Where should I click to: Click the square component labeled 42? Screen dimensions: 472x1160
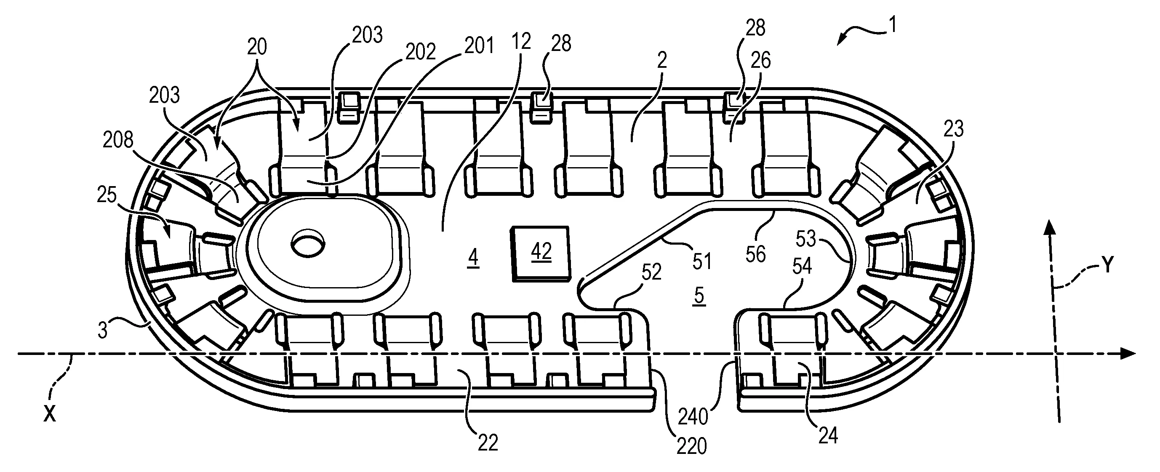[541, 254]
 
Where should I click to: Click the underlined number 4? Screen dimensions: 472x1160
[473, 259]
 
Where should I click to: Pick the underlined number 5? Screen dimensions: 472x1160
[699, 296]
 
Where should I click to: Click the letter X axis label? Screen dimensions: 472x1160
[50, 413]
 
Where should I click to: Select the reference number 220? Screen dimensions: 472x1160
[691, 446]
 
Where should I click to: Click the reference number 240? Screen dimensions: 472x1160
[693, 416]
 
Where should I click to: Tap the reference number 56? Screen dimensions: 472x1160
[755, 254]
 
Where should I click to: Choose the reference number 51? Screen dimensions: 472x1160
[701, 261]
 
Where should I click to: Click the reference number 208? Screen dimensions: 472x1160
[118, 141]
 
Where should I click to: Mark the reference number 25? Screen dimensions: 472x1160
[107, 196]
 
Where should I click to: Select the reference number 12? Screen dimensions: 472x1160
[521, 42]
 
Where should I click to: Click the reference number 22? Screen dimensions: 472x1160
[488, 443]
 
